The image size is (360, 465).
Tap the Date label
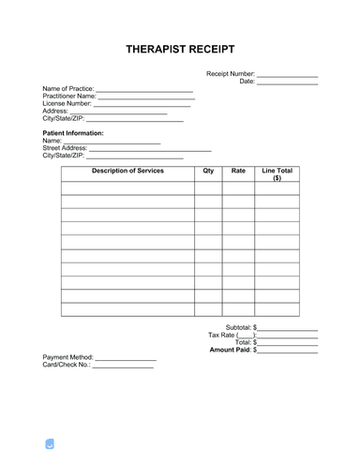coord(247,82)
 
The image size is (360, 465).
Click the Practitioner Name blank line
coord(146,97)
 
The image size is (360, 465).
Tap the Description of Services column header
coord(128,172)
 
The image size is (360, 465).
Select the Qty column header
coord(208,172)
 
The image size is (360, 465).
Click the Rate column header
coord(238,172)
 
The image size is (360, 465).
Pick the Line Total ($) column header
coord(277,175)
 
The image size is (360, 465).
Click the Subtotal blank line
coord(288,327)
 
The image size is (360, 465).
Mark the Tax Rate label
coord(230,335)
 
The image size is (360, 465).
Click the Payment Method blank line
coord(126,359)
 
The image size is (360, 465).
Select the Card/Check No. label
coord(66,367)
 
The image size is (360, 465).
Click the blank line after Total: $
coord(288,342)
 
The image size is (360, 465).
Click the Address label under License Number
coord(56,112)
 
